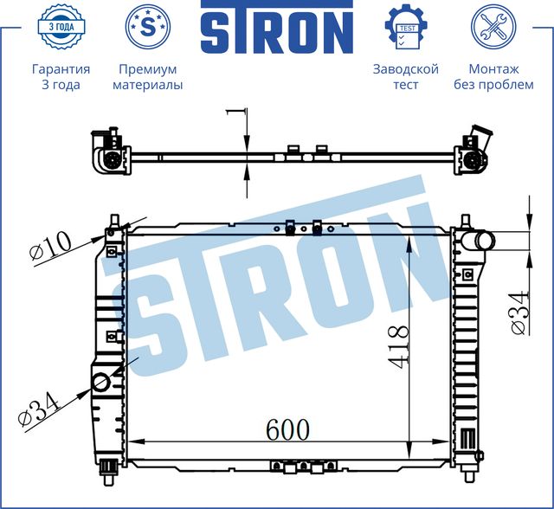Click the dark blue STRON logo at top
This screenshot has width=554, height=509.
click(277, 32)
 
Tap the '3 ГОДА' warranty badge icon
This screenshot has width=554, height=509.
click(60, 28)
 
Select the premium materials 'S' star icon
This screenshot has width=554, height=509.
click(147, 28)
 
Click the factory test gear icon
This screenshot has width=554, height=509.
click(405, 28)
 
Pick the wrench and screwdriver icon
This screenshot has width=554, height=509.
click(493, 28)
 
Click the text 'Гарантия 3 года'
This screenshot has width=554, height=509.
click(60, 77)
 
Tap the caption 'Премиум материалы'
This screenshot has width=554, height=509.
click(147, 77)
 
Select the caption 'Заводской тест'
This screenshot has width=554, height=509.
click(405, 77)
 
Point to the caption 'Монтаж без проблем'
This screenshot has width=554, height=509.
click(493, 77)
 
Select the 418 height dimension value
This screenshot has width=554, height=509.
click(397, 346)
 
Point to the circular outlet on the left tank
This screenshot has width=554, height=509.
click(101, 381)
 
